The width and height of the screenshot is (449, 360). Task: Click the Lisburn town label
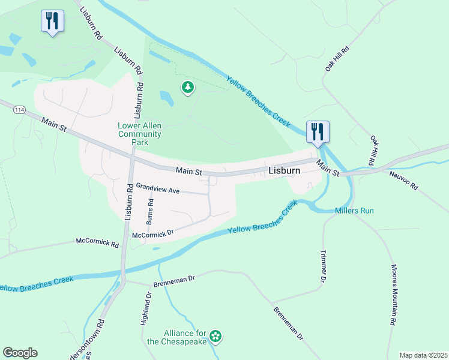[x=283, y=170]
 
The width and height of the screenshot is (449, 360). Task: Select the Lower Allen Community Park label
[x=139, y=134]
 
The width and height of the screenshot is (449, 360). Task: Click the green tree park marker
[x=188, y=88]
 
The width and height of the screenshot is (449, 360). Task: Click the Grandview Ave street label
[x=158, y=190]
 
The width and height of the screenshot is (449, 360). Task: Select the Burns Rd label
[x=151, y=211]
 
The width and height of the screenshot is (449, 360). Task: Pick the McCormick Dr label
[x=152, y=233]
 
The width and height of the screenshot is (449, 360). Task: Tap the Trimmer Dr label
[x=322, y=266]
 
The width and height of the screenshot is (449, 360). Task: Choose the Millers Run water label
[x=354, y=211]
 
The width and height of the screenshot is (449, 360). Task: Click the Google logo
[x=20, y=353]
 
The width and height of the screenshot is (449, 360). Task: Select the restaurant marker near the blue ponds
[x=52, y=22]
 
